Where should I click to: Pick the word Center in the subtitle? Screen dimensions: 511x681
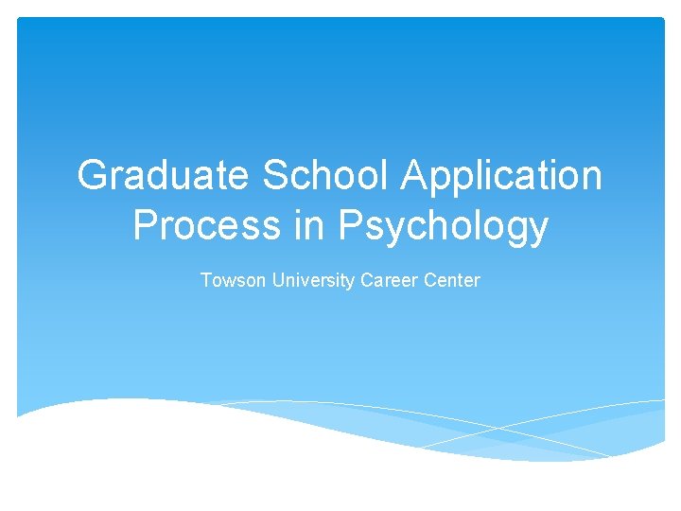452,280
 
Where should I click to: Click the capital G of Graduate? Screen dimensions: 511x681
94,176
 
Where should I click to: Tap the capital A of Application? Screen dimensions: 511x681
417,176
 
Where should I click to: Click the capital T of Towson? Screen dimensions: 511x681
206,280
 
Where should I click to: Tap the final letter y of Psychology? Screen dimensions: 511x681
537,231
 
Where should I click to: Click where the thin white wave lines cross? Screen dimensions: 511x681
498,428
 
